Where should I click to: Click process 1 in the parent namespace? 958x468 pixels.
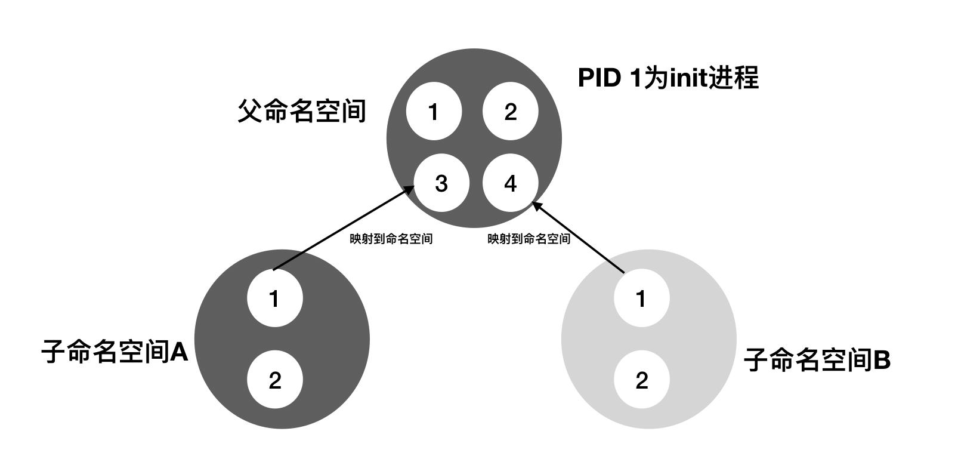[x=434, y=112]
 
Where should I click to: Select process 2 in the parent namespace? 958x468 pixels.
[x=510, y=112]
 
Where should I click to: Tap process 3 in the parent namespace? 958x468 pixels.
[x=441, y=183]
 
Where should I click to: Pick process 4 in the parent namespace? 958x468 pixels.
[x=510, y=183]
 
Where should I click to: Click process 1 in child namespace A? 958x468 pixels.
[x=274, y=298]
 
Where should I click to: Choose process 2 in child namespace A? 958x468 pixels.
[x=274, y=380]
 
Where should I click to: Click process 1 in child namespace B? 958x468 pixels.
[x=641, y=298]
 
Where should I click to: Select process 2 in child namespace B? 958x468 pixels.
[x=641, y=380]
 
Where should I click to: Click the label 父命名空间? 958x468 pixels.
[x=302, y=111]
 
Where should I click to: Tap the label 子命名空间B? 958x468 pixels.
[x=817, y=360]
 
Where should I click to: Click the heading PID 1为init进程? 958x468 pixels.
[x=668, y=78]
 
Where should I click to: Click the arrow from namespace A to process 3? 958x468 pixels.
[x=340, y=230]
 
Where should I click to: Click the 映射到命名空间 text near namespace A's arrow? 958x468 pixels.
[x=391, y=239]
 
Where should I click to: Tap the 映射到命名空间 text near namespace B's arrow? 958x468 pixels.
[x=529, y=239]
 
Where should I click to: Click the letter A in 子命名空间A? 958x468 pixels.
[x=179, y=352]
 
